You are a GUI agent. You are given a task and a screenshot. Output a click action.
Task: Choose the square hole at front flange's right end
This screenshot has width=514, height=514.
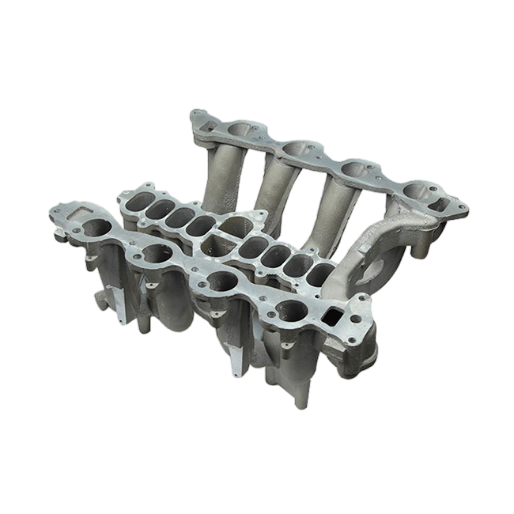pos(332,316)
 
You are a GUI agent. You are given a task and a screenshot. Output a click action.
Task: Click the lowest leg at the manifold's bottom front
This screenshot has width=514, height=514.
pos(301,399)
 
